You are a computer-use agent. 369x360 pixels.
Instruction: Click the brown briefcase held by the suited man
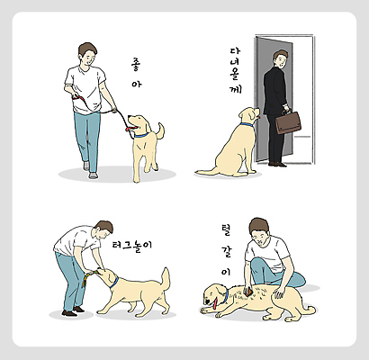[x=288, y=121]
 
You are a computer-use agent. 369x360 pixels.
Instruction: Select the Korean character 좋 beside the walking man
[x=135, y=65]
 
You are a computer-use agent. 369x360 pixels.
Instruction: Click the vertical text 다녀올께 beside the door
[x=235, y=72]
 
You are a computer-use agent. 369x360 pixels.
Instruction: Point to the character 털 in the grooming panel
[x=226, y=229]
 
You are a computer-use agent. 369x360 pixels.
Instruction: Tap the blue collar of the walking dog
[x=139, y=134]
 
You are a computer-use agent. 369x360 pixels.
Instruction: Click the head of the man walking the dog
[x=87, y=53]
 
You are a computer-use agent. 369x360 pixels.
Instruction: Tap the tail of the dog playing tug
[x=163, y=276]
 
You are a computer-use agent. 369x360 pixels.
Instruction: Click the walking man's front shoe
[x=93, y=175]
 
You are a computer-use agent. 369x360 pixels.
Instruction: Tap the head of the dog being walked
[x=139, y=122]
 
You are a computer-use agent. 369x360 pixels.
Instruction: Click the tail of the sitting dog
[x=205, y=170]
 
